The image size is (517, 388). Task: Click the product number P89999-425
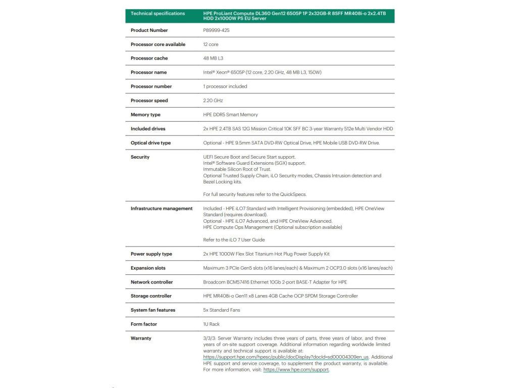coord(215,30)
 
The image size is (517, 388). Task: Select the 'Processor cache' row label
coord(149,59)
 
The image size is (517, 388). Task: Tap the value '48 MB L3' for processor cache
coord(214,59)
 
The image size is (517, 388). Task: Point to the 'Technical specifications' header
coord(158,14)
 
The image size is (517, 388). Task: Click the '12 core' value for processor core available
coord(211,44)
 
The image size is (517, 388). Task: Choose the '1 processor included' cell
coord(225,86)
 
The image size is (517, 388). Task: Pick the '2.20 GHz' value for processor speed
coord(213,101)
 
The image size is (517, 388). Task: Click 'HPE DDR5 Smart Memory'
coord(230,115)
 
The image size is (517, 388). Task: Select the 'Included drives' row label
coord(148,129)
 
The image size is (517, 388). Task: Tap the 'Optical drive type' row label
coord(150,143)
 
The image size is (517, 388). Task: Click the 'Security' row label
coord(140,157)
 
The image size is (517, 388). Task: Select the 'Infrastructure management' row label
coord(162,209)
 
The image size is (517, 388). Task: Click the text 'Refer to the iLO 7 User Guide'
coord(234,240)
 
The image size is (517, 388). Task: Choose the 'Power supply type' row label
coord(151,254)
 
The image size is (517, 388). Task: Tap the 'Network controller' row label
coord(151,282)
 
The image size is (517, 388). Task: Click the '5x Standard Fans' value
coord(222,310)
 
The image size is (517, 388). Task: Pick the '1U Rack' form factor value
coord(211,324)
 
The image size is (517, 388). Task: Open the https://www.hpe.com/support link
coord(296,370)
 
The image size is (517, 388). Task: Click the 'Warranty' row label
coord(141,338)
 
